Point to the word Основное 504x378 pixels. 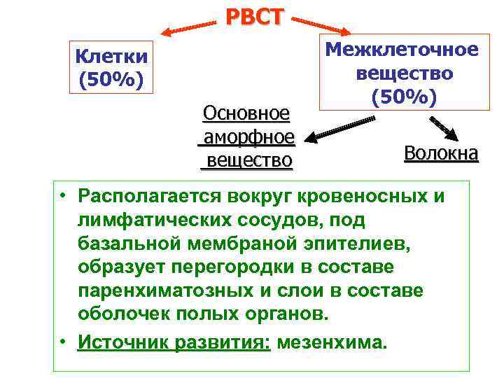point(246,113)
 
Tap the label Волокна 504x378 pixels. point(441,153)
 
